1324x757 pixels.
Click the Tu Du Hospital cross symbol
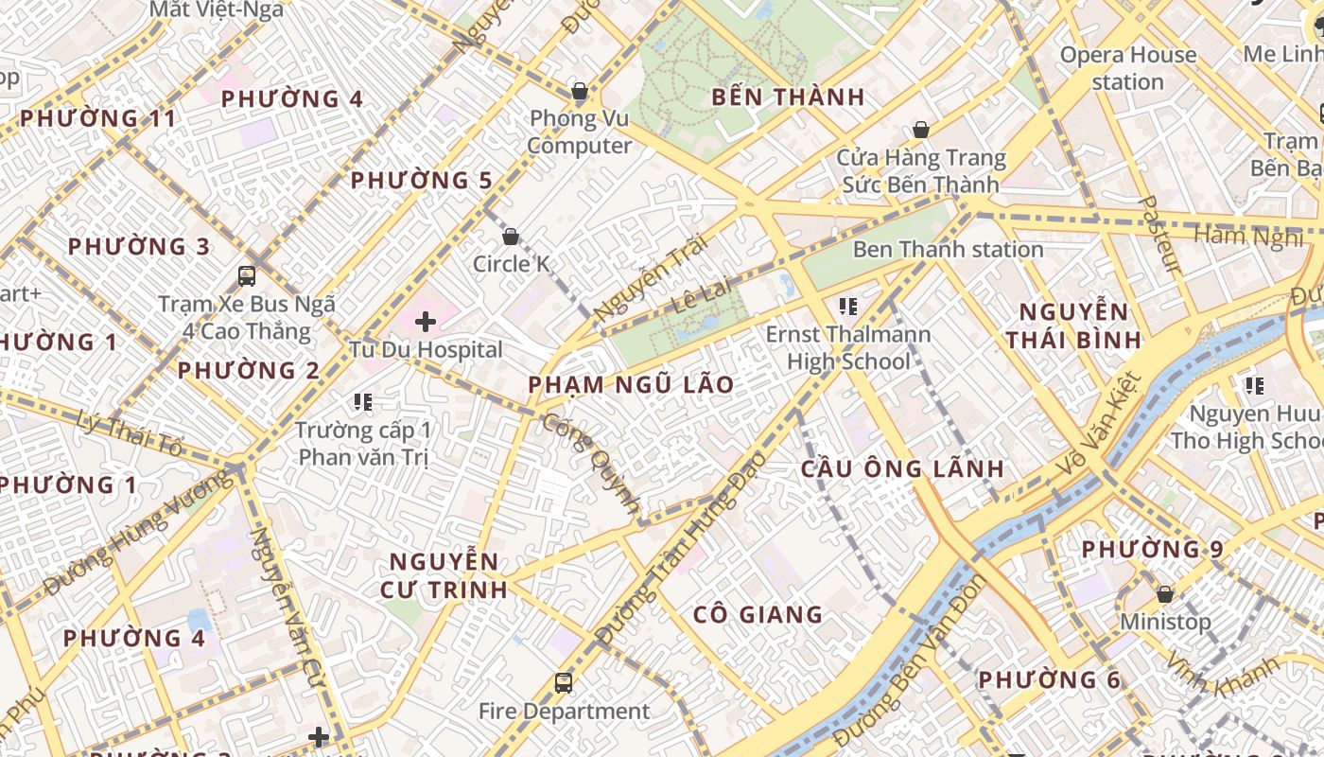point(426,322)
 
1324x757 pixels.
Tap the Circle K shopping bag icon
point(511,237)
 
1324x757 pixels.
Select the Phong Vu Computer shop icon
point(580,92)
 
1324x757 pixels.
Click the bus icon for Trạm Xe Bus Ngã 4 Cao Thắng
point(247,276)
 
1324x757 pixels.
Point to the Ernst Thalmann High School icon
point(848,307)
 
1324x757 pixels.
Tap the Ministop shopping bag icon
point(1165,594)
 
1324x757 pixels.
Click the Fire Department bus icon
point(564,682)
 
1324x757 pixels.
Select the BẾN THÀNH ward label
point(788,97)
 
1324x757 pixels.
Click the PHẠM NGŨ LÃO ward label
point(631,384)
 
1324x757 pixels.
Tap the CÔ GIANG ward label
point(758,615)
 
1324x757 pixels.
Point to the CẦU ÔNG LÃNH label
point(902,468)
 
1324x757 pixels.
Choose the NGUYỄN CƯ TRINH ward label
point(444,575)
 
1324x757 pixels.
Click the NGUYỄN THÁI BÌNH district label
point(1072,326)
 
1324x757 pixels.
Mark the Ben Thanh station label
point(948,250)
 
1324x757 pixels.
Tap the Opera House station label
point(1127,68)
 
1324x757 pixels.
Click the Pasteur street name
point(1161,235)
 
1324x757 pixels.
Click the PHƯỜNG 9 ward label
point(1152,550)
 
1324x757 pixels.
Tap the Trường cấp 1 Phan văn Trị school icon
point(362,403)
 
